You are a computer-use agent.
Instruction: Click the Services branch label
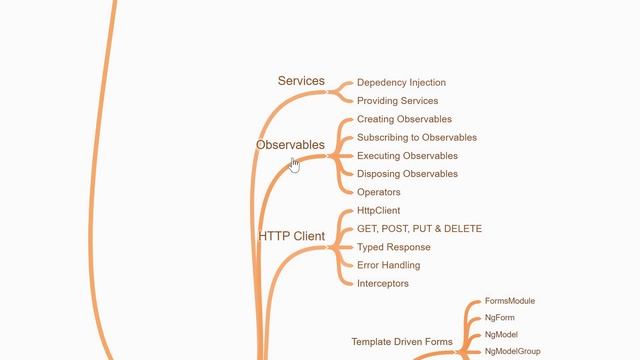tap(301, 81)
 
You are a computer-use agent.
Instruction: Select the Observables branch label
tap(290, 145)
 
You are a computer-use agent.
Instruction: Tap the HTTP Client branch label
tap(292, 237)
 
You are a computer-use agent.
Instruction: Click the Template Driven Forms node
tap(402, 342)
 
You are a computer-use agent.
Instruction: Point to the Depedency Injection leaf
tap(401, 83)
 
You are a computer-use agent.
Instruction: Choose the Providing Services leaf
tap(397, 101)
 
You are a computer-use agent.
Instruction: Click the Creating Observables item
tap(404, 119)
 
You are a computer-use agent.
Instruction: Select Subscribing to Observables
tap(417, 138)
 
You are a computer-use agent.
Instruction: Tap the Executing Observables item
tap(407, 156)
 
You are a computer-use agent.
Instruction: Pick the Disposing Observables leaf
tap(407, 174)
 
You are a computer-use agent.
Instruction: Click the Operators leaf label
tap(379, 192)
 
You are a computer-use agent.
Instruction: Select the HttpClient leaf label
tap(379, 211)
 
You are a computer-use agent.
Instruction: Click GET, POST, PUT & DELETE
tap(419, 229)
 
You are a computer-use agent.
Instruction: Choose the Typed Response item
tap(394, 247)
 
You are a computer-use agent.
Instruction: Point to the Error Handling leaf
tap(388, 265)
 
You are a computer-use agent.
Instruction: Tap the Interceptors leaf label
tap(383, 284)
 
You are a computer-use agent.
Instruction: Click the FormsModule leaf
tap(510, 301)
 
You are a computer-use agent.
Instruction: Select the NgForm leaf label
tap(500, 318)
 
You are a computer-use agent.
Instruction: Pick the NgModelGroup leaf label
tap(513, 352)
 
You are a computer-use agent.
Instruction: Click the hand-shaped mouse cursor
tap(294, 164)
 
